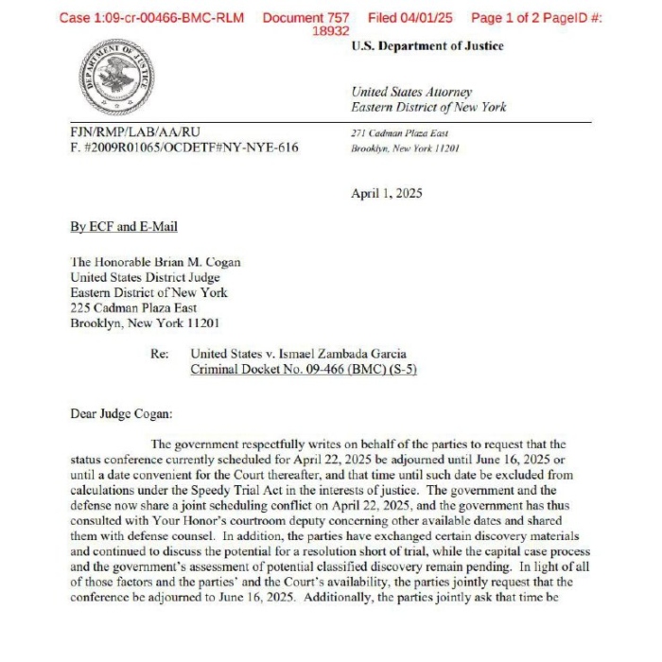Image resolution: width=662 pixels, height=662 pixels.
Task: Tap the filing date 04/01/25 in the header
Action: (x=427, y=18)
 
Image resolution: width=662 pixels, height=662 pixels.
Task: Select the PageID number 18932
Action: (x=331, y=31)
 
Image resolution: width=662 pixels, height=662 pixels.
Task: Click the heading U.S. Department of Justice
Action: (x=427, y=46)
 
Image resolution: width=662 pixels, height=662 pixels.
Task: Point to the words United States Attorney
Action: (x=411, y=92)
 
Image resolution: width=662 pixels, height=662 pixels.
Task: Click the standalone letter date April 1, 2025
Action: (x=387, y=194)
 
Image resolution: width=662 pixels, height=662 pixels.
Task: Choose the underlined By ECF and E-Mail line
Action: (x=124, y=227)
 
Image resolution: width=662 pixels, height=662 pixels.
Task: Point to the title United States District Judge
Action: (x=146, y=278)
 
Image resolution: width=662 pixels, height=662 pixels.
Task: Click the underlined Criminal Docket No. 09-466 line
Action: (x=304, y=369)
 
